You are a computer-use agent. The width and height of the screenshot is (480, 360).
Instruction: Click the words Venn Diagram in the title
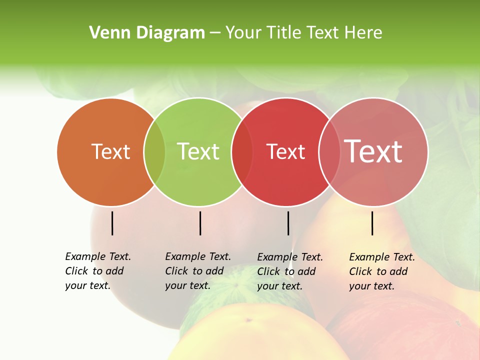tap(147, 33)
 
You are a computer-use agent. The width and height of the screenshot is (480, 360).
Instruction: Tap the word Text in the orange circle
tap(110, 151)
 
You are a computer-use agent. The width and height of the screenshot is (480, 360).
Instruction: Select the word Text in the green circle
tap(198, 151)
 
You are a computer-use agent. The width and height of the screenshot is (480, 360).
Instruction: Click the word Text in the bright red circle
tap(285, 152)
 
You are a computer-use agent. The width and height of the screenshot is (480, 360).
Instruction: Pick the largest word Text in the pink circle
tap(373, 151)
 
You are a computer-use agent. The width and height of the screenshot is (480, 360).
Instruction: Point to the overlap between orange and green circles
tap(154, 152)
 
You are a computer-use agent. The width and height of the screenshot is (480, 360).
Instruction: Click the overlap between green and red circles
tap(242, 152)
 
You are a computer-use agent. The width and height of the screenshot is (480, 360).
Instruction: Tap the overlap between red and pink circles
tap(329, 152)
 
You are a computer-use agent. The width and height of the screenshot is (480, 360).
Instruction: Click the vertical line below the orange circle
tap(112, 223)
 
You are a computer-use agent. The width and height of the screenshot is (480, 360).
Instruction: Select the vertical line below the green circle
tap(200, 223)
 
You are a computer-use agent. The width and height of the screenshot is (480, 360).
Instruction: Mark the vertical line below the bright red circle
tap(288, 223)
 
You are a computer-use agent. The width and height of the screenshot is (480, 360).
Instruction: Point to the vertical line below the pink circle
tap(372, 223)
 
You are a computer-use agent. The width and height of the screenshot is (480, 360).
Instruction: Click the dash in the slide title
tap(215, 33)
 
